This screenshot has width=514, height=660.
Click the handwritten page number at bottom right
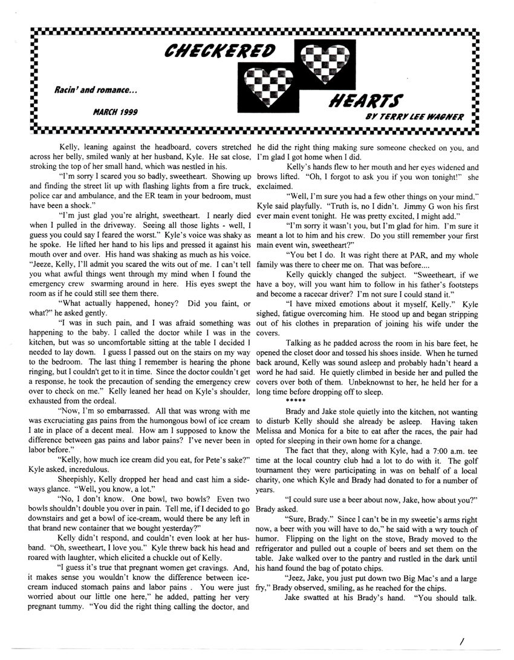point(461,639)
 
